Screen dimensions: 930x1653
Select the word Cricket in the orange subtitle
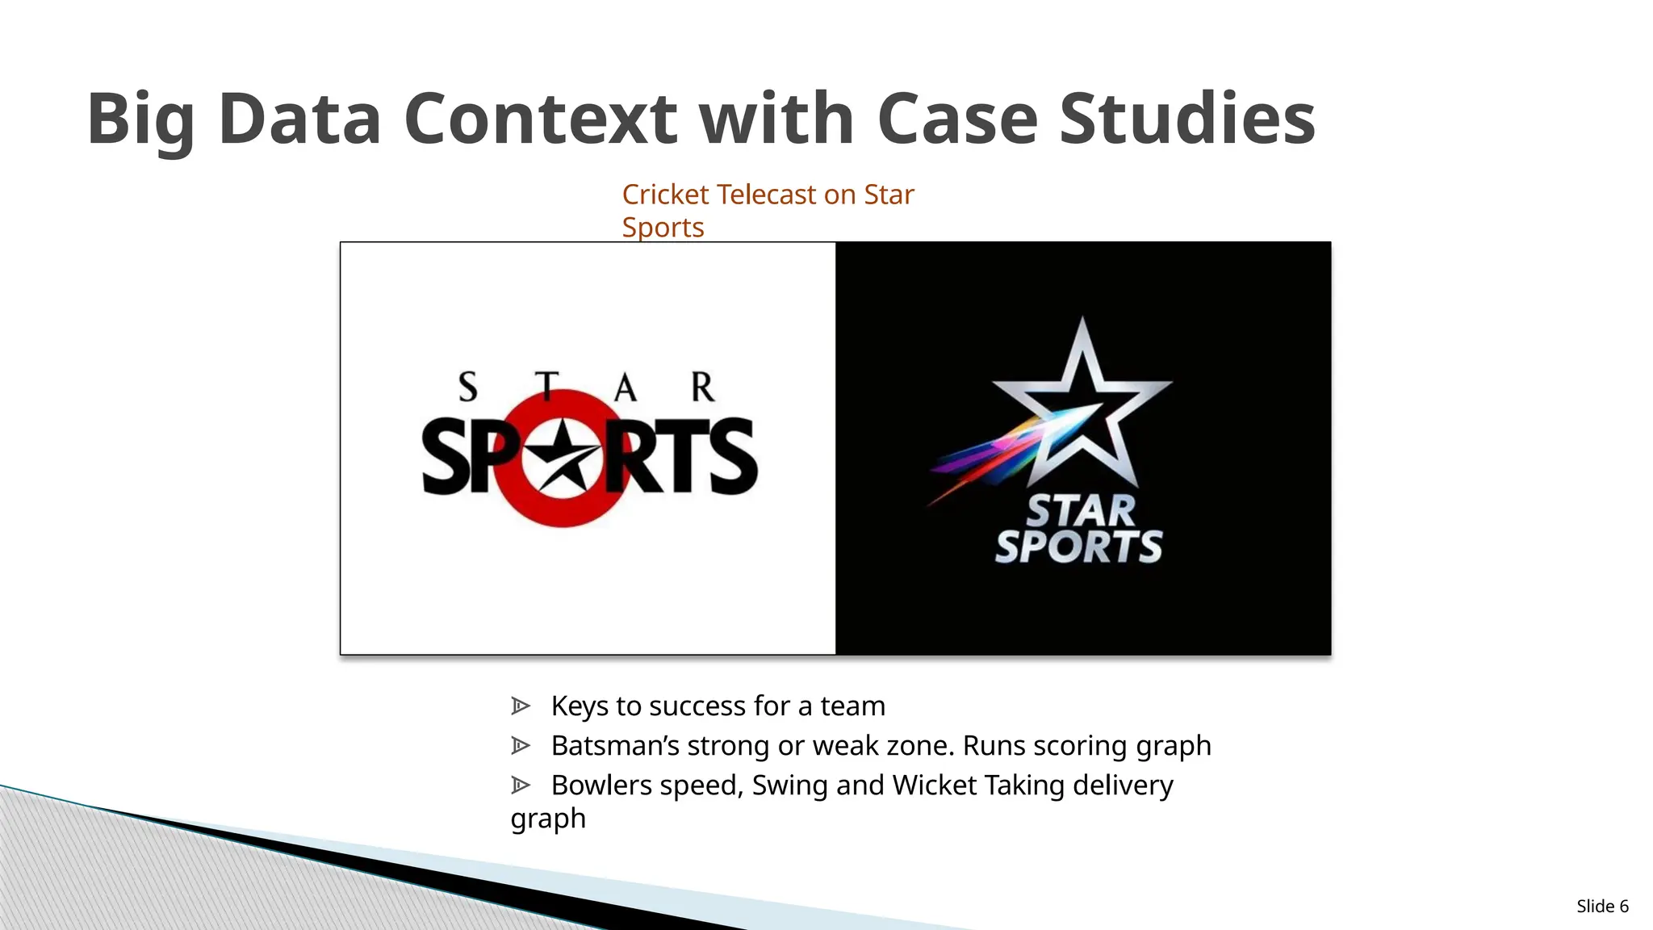[x=666, y=195]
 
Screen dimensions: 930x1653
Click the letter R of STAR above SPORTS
[x=702, y=387]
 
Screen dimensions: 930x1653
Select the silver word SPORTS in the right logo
[x=1078, y=547]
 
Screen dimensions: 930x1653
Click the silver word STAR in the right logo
[x=1081, y=511]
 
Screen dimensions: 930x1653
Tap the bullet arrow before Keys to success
[x=521, y=706]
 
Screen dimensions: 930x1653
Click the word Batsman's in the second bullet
[x=615, y=745]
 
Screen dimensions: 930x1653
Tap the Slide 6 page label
[x=1602, y=906]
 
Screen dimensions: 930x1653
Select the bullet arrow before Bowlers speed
[x=521, y=785]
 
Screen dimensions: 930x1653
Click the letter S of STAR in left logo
[x=468, y=387]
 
